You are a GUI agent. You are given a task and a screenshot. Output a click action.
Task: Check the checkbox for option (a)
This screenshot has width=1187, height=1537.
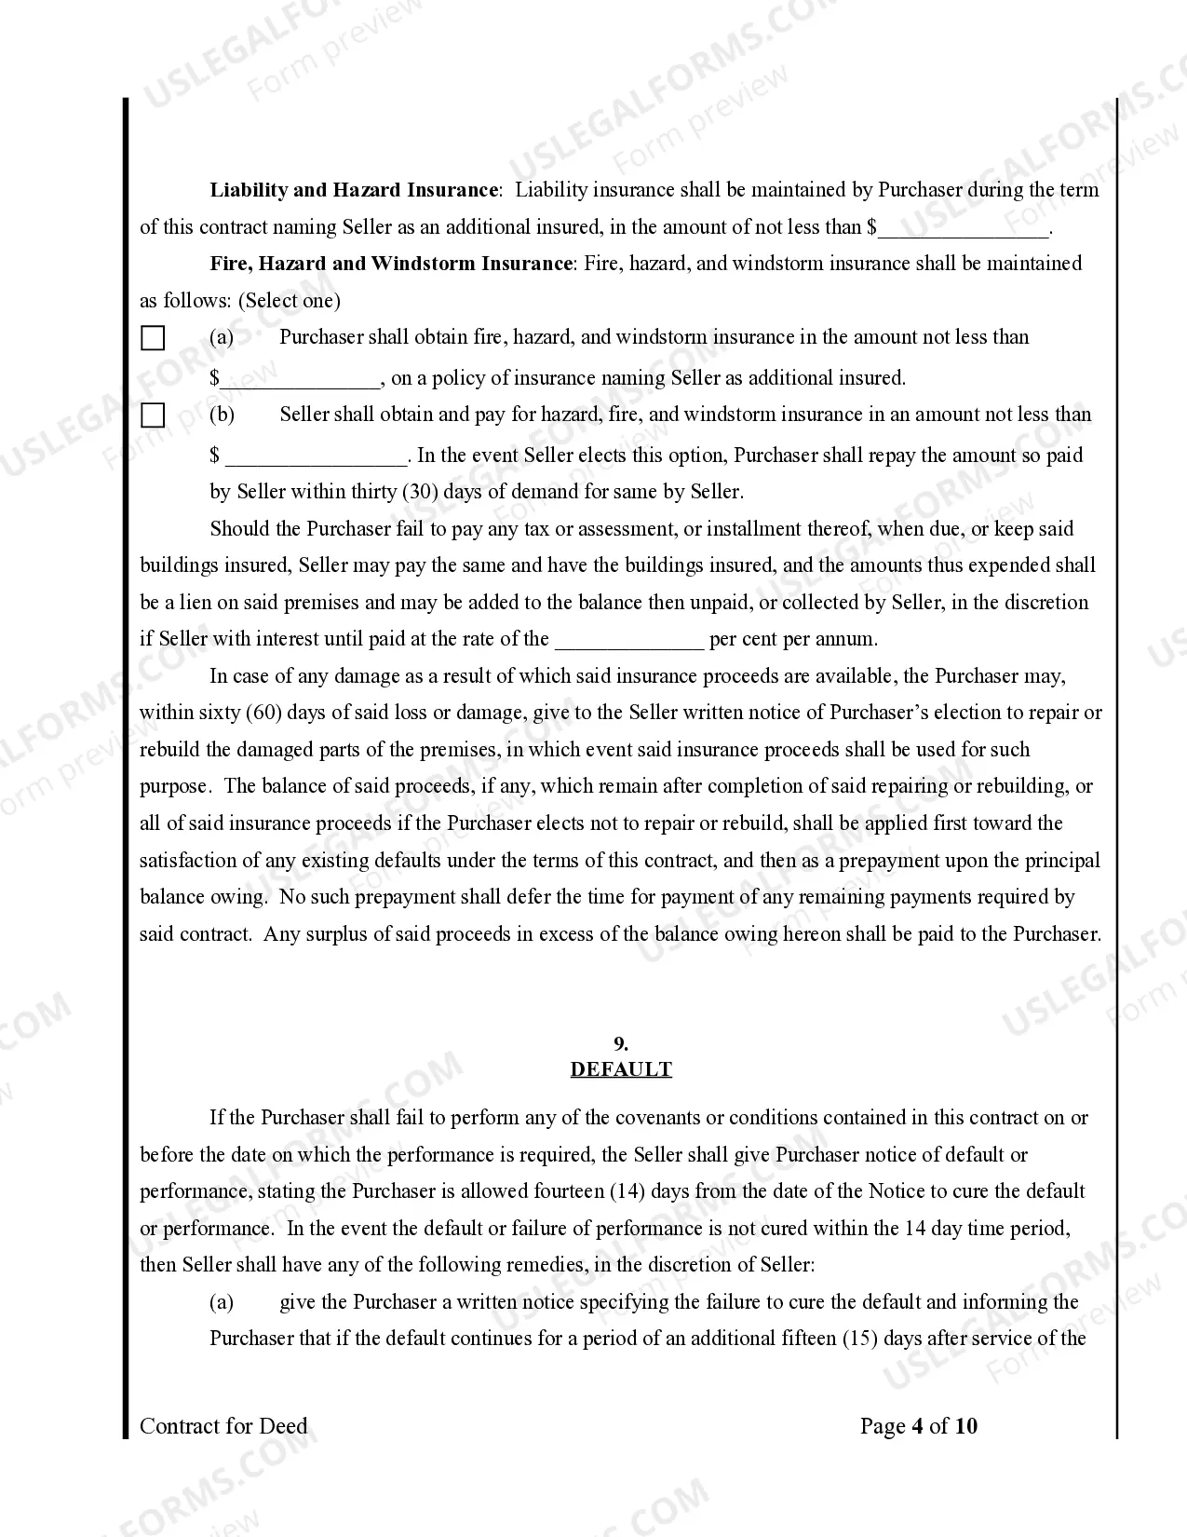(153, 338)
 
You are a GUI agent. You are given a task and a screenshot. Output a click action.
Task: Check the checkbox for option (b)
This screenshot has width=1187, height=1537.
(153, 415)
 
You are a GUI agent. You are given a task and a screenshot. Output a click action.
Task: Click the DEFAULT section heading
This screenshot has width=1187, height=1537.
(621, 1069)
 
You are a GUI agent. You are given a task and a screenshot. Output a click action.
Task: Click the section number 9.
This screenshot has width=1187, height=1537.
(621, 1044)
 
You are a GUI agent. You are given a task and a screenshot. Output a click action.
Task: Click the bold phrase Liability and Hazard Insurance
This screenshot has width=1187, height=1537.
(354, 190)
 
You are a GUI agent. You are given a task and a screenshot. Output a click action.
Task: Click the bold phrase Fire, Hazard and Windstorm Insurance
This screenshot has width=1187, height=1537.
(390, 264)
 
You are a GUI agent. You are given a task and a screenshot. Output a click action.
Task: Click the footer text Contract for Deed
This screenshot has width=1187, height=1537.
(223, 1426)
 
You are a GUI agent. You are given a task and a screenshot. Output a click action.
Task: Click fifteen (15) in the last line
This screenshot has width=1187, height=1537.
(826, 1339)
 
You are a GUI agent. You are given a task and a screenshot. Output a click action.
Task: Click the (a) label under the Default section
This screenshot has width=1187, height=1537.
(222, 1302)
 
